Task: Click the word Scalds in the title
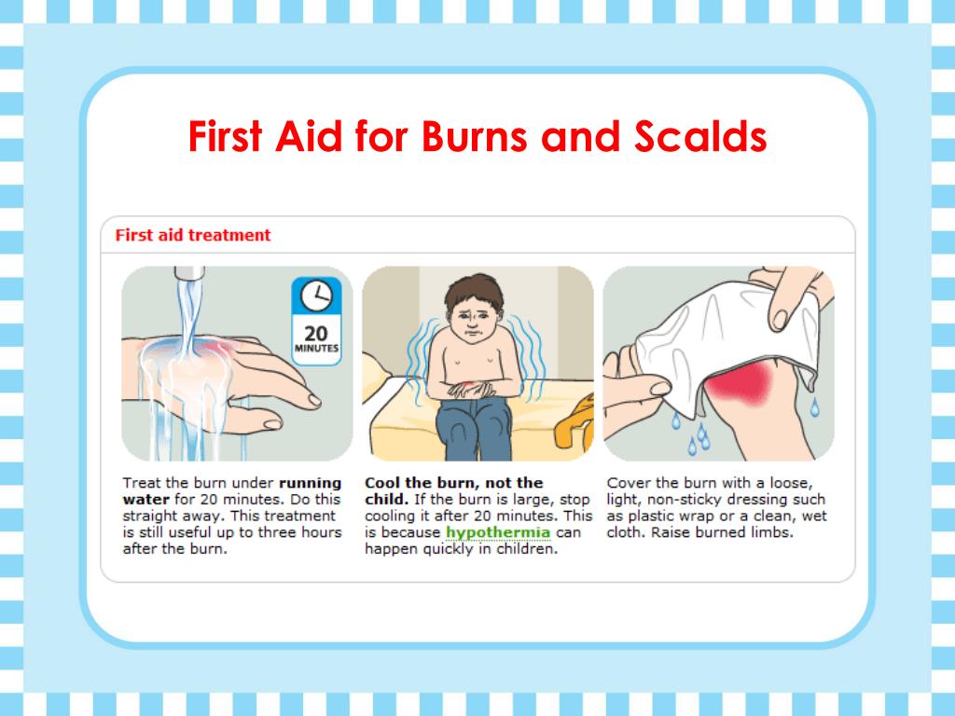coord(700,136)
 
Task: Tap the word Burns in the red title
coord(475,136)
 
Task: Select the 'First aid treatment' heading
coord(192,235)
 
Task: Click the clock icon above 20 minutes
coord(317,296)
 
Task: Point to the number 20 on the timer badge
coord(316,333)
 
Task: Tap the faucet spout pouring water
coord(189,273)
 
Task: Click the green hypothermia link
coord(498,532)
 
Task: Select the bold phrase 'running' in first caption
coord(310,484)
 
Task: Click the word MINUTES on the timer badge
coord(316,349)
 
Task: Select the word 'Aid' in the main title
coord(309,136)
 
